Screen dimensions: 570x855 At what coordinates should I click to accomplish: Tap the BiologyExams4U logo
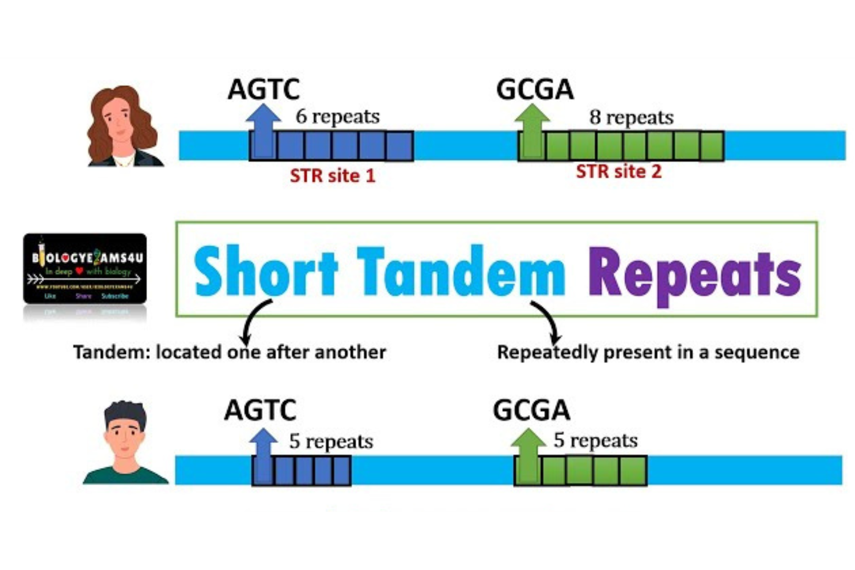coord(85,268)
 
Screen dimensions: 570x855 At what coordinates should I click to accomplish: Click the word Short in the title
coord(266,272)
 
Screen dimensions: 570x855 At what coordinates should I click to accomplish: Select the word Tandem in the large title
coord(461,272)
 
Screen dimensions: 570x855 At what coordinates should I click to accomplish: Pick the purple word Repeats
coord(694,274)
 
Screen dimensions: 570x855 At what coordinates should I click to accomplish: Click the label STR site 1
coord(332,176)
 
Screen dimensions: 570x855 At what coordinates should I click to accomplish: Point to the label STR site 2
coord(618,172)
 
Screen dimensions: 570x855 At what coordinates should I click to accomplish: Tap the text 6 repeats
coord(337,116)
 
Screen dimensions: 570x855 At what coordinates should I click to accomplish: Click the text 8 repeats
coord(631,117)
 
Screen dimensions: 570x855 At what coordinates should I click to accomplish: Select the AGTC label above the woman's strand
coord(263,89)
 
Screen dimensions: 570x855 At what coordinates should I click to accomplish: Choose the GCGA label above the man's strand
coord(531,410)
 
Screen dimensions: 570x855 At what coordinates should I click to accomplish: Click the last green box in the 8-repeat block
coord(711,146)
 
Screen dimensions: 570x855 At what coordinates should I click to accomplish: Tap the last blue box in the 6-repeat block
coord(400,146)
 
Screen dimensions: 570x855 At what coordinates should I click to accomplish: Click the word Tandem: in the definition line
coord(111,352)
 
